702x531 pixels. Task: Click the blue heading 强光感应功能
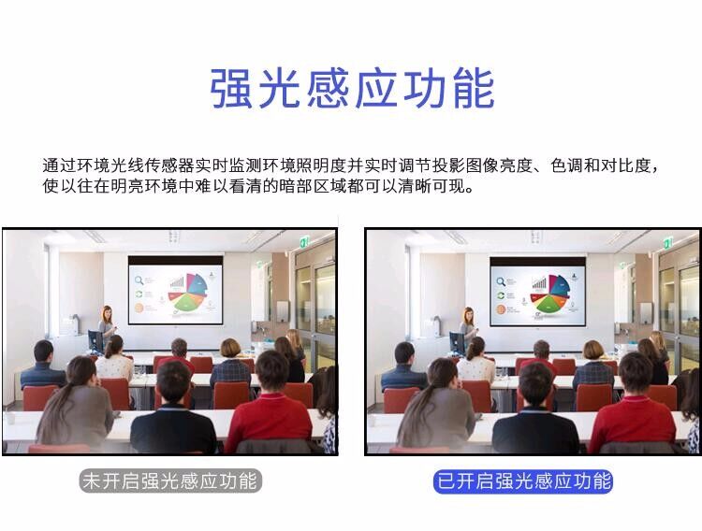(x=352, y=88)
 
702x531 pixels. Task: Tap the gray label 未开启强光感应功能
(x=170, y=481)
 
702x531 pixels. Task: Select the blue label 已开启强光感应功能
(x=523, y=481)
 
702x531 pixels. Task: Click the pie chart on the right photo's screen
(x=550, y=294)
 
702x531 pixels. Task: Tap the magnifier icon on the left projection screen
(x=139, y=280)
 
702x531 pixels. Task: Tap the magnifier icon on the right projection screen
(x=501, y=281)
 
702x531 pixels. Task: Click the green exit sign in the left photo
(x=303, y=242)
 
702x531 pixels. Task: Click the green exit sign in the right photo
(x=667, y=244)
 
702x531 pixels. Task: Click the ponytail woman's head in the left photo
(x=81, y=372)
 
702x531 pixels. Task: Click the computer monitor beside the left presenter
(x=95, y=339)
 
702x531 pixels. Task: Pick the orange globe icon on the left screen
(x=139, y=308)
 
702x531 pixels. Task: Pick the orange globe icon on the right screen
(x=501, y=309)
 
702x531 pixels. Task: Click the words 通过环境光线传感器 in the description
(x=119, y=165)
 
